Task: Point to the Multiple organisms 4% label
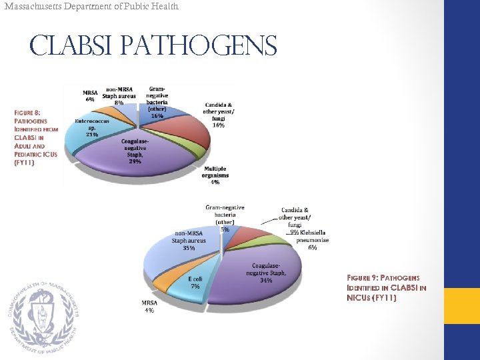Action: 215,175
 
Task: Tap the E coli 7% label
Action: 195,282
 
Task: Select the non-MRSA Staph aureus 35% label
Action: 189,240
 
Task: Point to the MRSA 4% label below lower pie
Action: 149,306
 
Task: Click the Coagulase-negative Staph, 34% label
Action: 267,273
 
